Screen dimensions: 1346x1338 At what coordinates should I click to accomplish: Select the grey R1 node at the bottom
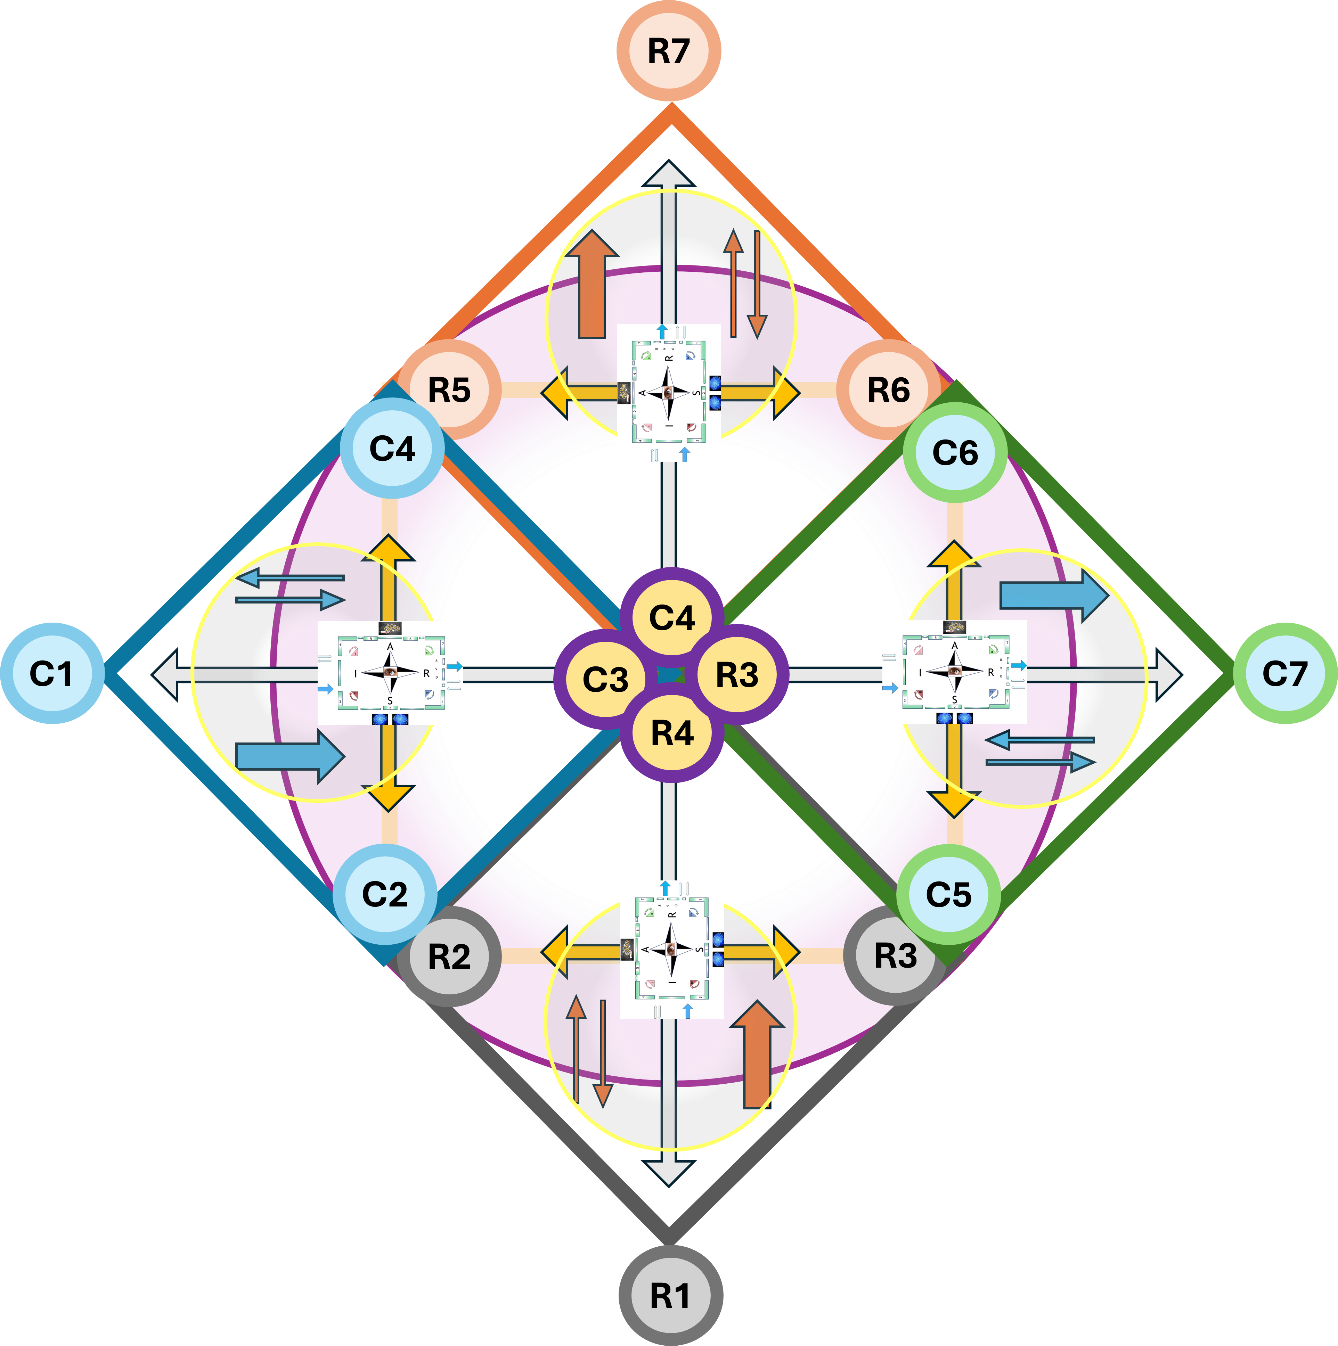(x=670, y=1296)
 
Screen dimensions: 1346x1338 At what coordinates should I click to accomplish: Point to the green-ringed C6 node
(x=955, y=453)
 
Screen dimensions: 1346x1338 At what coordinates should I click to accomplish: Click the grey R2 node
(x=449, y=957)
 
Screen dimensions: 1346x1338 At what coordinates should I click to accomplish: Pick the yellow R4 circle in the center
(x=672, y=733)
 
